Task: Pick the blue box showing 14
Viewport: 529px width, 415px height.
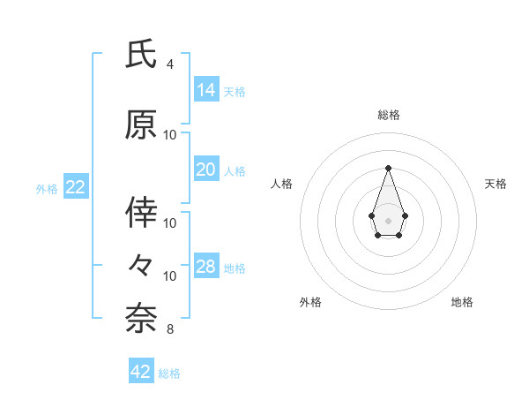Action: click(x=206, y=90)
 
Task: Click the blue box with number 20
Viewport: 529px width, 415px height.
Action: click(x=206, y=170)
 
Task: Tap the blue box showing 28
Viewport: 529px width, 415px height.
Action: click(x=206, y=267)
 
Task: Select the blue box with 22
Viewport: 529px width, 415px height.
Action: click(x=76, y=187)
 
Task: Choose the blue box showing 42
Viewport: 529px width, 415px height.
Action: click(x=141, y=372)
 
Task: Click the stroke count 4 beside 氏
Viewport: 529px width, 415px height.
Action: click(x=170, y=64)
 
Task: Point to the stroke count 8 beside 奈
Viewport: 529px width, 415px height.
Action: click(x=170, y=329)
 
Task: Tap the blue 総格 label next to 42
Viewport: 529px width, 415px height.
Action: click(x=169, y=373)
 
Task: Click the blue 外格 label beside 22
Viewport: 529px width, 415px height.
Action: click(x=47, y=188)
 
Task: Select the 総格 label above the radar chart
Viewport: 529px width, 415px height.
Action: click(x=388, y=115)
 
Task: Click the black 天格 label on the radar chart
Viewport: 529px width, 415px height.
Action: click(x=495, y=184)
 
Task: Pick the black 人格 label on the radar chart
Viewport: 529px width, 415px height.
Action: click(x=281, y=184)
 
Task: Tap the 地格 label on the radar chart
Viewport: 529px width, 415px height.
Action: click(x=462, y=303)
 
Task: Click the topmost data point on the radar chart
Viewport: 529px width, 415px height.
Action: click(x=388, y=168)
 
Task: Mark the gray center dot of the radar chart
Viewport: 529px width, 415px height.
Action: click(x=388, y=220)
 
